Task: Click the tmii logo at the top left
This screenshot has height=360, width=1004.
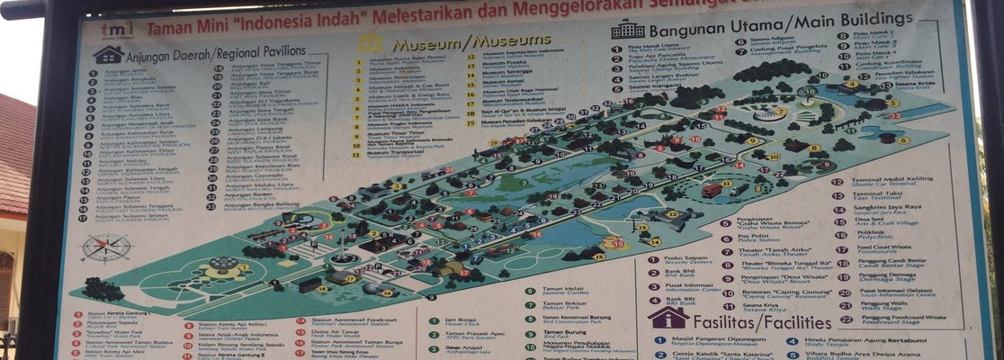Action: pos(118,31)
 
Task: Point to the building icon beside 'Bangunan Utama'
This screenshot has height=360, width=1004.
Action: pos(627,30)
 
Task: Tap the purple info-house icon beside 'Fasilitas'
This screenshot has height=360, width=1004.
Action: pos(668,317)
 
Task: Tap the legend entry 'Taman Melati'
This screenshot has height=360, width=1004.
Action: pos(563,291)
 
